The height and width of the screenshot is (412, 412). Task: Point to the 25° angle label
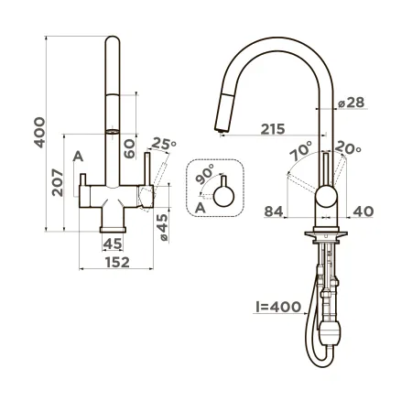[163, 144]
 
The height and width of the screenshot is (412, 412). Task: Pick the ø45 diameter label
[163, 225]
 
